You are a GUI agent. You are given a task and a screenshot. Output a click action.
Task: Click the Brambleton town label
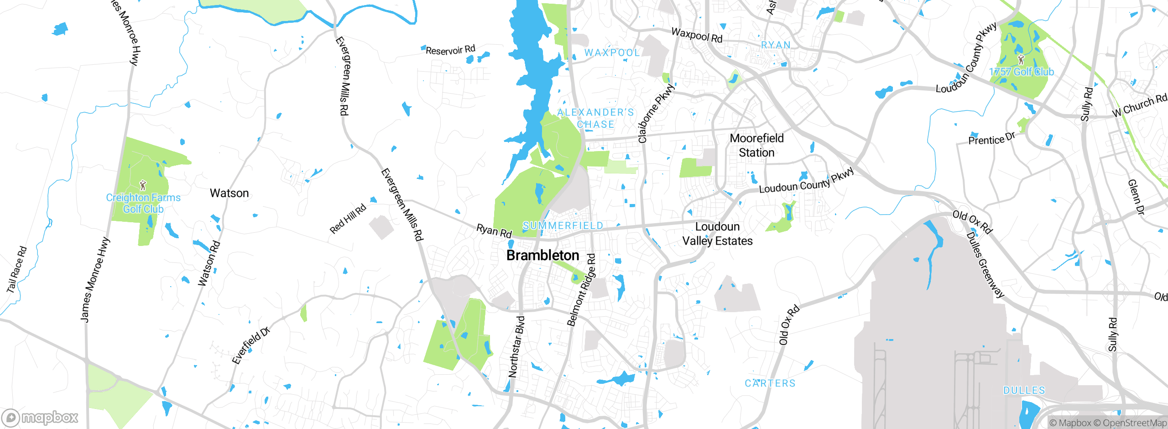coord(542,256)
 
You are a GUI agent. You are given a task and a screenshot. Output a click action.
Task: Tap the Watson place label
coord(229,193)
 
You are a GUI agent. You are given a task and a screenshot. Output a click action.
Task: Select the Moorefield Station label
coord(756,145)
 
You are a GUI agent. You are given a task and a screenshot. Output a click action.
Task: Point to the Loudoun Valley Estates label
coord(717,234)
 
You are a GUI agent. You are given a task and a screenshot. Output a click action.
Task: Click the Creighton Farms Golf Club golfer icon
coord(143,185)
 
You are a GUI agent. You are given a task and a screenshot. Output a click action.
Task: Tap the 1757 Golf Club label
coord(1021,72)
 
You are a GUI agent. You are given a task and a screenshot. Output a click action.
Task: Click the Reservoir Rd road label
coord(450,50)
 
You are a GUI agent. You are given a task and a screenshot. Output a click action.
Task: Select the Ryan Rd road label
coord(494,230)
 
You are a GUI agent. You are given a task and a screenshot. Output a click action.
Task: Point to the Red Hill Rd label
coord(348,219)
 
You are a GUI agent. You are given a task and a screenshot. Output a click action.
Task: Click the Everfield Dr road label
coord(251,345)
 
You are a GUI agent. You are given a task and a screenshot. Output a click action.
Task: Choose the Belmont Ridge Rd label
coord(581,290)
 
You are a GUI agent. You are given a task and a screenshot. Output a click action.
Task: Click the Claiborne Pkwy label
coord(655,113)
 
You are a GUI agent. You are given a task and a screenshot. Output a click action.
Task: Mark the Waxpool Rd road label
coord(697,35)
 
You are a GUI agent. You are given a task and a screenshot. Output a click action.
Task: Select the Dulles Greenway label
coord(985,265)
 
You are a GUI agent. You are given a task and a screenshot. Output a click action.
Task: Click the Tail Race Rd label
coord(17,270)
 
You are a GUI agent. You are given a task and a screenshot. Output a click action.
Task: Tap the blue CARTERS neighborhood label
coord(770,383)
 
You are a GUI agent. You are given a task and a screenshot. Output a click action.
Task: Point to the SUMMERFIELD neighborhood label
coord(563,225)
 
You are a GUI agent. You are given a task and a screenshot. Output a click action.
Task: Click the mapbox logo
coord(40,418)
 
